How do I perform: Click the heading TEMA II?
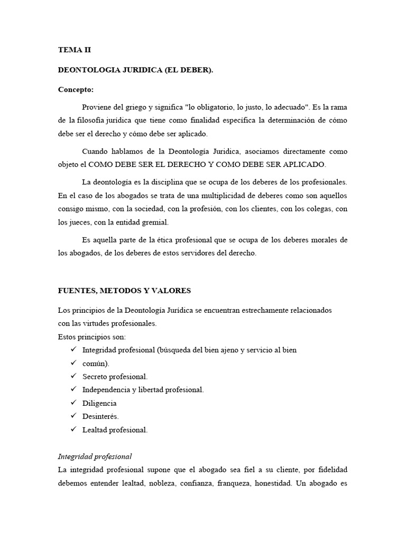(75, 50)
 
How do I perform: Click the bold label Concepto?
(76, 89)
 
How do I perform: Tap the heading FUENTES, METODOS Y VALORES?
(124, 291)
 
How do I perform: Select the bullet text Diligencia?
(99, 403)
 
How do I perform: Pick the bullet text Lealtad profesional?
(115, 430)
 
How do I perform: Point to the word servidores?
(195, 253)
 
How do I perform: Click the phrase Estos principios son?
(92, 337)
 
